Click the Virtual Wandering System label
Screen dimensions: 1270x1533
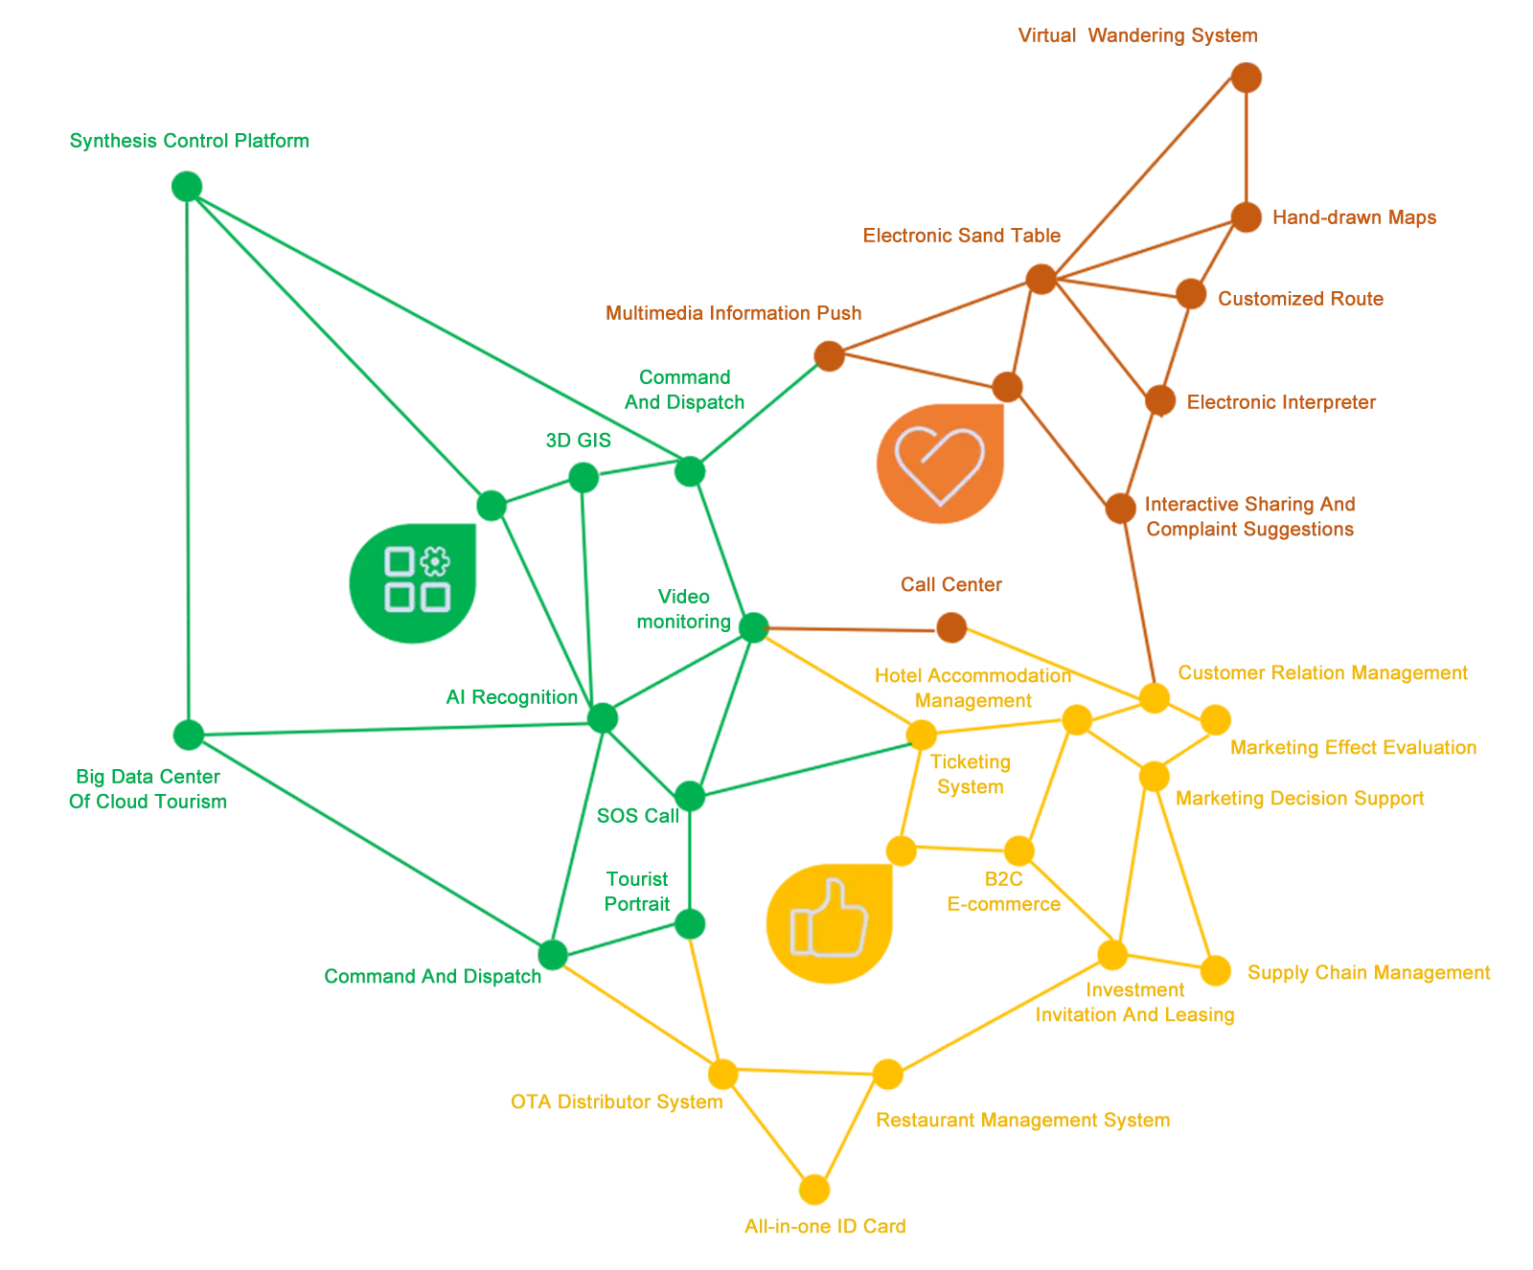coord(1135,37)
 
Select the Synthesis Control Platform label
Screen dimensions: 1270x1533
coord(188,142)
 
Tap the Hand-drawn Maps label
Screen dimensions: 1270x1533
coord(1355,217)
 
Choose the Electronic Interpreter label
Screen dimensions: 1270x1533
coord(1287,403)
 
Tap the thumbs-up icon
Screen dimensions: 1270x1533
coord(829,919)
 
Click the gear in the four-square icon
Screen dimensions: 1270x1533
coord(435,560)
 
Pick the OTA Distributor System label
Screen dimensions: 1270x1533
coord(614,1102)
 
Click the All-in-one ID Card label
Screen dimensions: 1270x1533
coord(826,1225)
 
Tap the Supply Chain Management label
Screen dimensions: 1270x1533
coord(1372,973)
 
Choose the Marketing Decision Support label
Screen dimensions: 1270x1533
coord(1300,800)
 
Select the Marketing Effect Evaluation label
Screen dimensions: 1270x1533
coord(1360,748)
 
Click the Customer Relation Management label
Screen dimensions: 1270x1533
coord(1322,672)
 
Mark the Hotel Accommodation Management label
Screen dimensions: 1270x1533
coord(972,690)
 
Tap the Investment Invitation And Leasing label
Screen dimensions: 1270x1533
coord(1133,1002)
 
